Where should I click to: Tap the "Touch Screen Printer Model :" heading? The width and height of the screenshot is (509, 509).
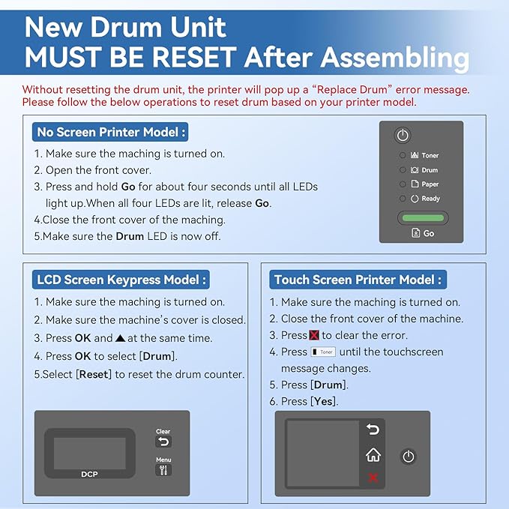(358, 280)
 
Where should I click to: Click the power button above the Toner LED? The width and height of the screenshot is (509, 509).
(403, 136)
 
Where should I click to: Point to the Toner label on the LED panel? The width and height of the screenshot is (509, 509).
(430, 155)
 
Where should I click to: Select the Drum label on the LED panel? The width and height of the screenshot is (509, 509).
(429, 170)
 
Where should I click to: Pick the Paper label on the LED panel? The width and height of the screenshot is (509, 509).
(430, 184)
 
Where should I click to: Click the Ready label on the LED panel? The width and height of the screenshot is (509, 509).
(430, 199)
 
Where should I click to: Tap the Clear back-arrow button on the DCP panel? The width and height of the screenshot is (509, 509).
(163, 442)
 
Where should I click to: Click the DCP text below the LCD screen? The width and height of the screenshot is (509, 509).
(89, 474)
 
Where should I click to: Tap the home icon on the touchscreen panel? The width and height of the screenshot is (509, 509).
(373, 455)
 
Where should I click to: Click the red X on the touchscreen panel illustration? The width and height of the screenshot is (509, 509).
(373, 478)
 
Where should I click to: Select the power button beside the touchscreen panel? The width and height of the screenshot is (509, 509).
(408, 457)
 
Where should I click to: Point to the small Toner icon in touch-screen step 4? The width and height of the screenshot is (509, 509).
(323, 352)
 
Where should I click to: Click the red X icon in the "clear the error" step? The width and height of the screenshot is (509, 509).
(314, 335)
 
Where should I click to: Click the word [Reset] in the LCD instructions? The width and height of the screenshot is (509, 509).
(94, 374)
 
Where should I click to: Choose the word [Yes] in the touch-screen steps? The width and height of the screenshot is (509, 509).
(325, 402)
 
